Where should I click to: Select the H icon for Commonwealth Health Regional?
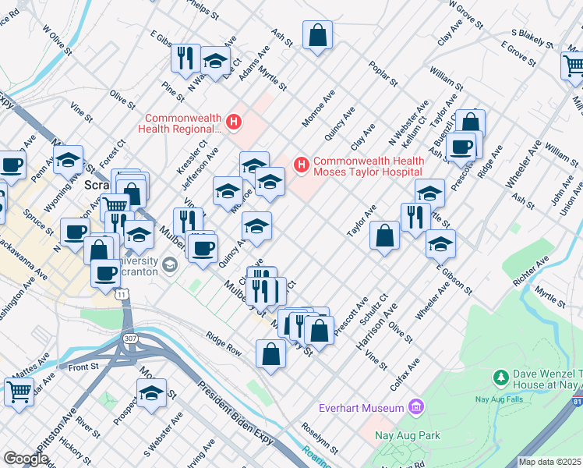click(x=232, y=122)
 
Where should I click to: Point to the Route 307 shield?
click(x=129, y=339)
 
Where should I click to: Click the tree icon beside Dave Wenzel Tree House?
click(x=501, y=378)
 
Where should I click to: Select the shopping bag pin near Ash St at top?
click(x=317, y=35)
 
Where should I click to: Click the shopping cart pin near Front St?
click(x=19, y=392)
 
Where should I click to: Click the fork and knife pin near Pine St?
click(x=185, y=58)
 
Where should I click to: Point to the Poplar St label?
click(x=383, y=73)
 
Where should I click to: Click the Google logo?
click(x=25, y=459)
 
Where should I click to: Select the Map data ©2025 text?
click(x=549, y=462)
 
